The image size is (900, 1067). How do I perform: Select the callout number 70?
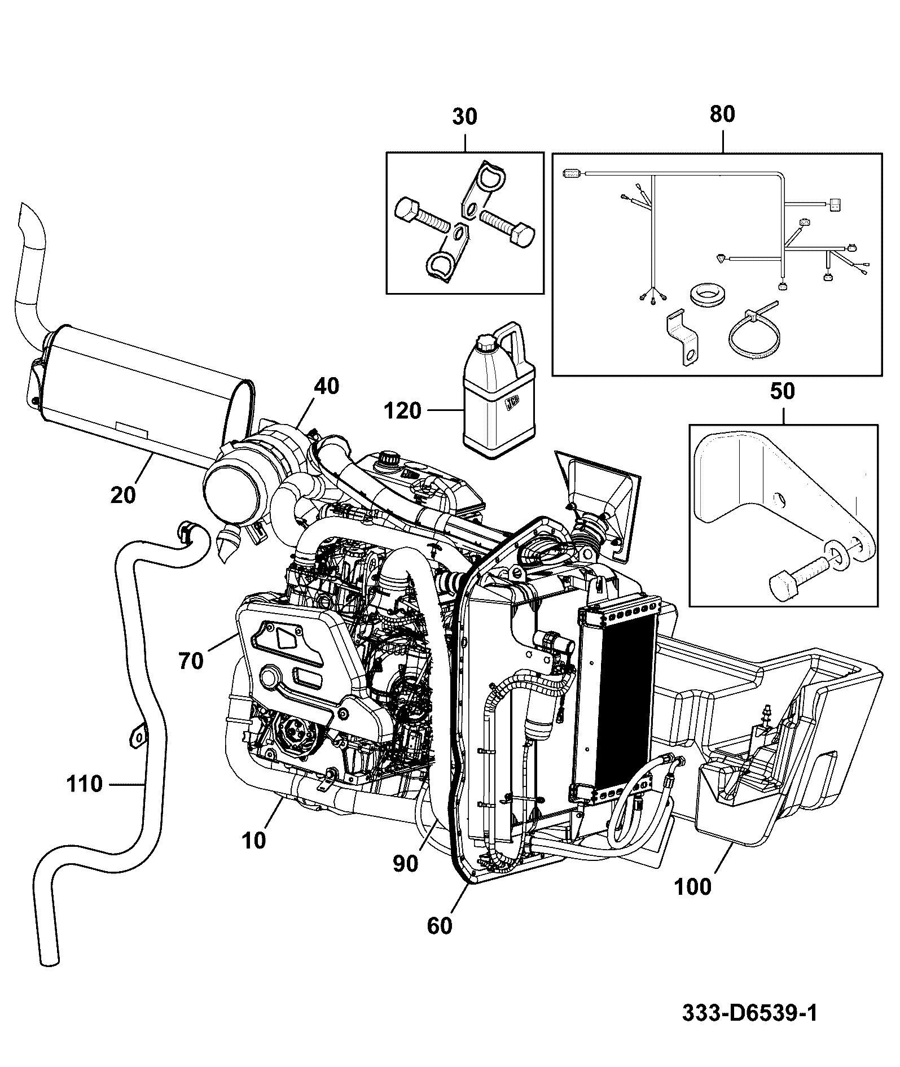[x=190, y=661]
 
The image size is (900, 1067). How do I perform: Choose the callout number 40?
[x=327, y=386]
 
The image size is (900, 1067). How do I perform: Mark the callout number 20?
[x=124, y=495]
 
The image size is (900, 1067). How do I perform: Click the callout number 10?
[x=253, y=841]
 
